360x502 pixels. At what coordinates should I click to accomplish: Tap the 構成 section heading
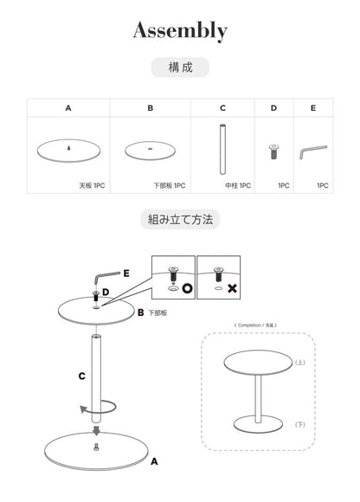coord(179,66)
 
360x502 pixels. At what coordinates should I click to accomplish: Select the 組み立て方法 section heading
coord(179,219)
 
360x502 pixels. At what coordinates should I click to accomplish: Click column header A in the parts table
coord(67,109)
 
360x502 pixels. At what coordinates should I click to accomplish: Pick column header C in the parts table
coord(222,109)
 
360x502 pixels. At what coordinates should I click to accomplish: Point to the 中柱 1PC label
coord(239,185)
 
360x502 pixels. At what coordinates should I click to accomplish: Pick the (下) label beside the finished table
coord(299,425)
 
